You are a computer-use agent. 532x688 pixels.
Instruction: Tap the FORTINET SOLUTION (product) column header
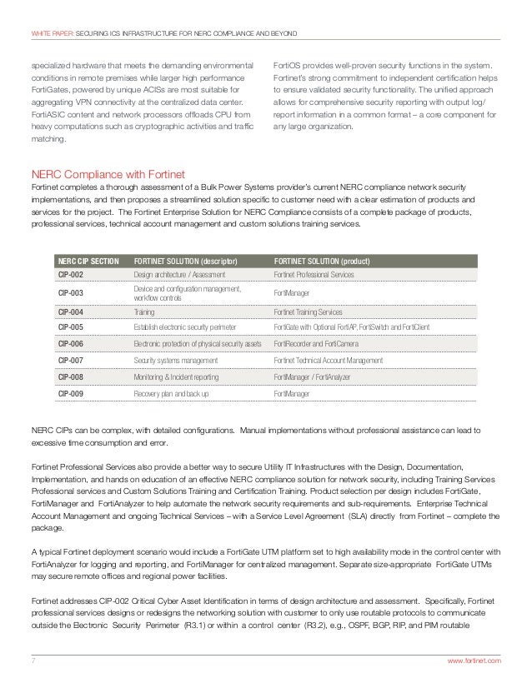pyautogui.click(x=322, y=260)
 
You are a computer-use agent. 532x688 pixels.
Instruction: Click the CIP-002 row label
pyautogui.click(x=69, y=273)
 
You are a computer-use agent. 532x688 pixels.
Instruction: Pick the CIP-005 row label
pyautogui.click(x=69, y=328)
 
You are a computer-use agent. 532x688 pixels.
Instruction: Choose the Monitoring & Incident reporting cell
pyautogui.click(x=173, y=376)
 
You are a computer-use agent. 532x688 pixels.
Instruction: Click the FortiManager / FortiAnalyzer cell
pyautogui.click(x=313, y=376)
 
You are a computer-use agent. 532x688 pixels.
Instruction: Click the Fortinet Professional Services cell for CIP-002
pyautogui.click(x=314, y=273)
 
